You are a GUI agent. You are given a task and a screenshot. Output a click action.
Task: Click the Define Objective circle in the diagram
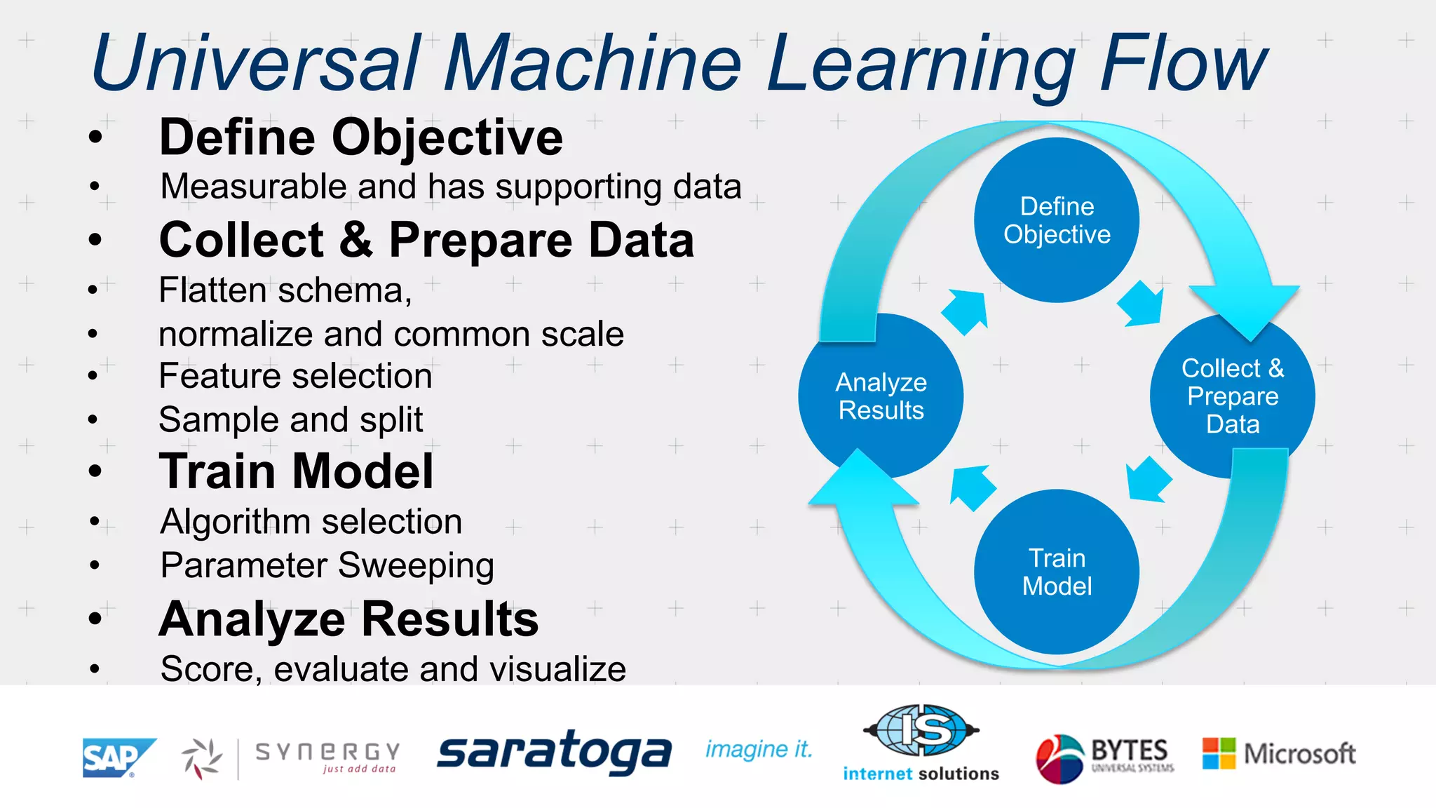click(1056, 220)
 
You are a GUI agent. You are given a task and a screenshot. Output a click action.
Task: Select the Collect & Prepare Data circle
click(1232, 396)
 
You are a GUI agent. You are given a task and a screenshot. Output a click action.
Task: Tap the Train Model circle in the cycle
click(1056, 572)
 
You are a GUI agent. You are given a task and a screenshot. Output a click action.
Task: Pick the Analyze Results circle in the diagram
click(881, 396)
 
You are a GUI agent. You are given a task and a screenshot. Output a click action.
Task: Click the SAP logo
click(117, 757)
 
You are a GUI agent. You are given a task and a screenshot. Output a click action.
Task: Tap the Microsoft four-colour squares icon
click(1219, 753)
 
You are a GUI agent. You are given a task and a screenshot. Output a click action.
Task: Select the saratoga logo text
click(554, 753)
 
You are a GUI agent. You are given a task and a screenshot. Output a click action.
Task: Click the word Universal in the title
click(257, 63)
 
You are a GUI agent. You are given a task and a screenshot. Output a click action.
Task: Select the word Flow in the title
click(1184, 63)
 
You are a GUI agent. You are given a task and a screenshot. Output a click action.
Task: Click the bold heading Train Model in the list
click(296, 471)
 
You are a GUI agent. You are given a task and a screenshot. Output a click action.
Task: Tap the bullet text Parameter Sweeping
click(327, 565)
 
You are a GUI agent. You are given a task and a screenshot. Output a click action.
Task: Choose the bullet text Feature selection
click(295, 376)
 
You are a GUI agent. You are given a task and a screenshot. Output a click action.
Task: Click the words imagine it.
click(758, 750)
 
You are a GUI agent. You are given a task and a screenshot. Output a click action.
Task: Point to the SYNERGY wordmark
click(327, 753)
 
